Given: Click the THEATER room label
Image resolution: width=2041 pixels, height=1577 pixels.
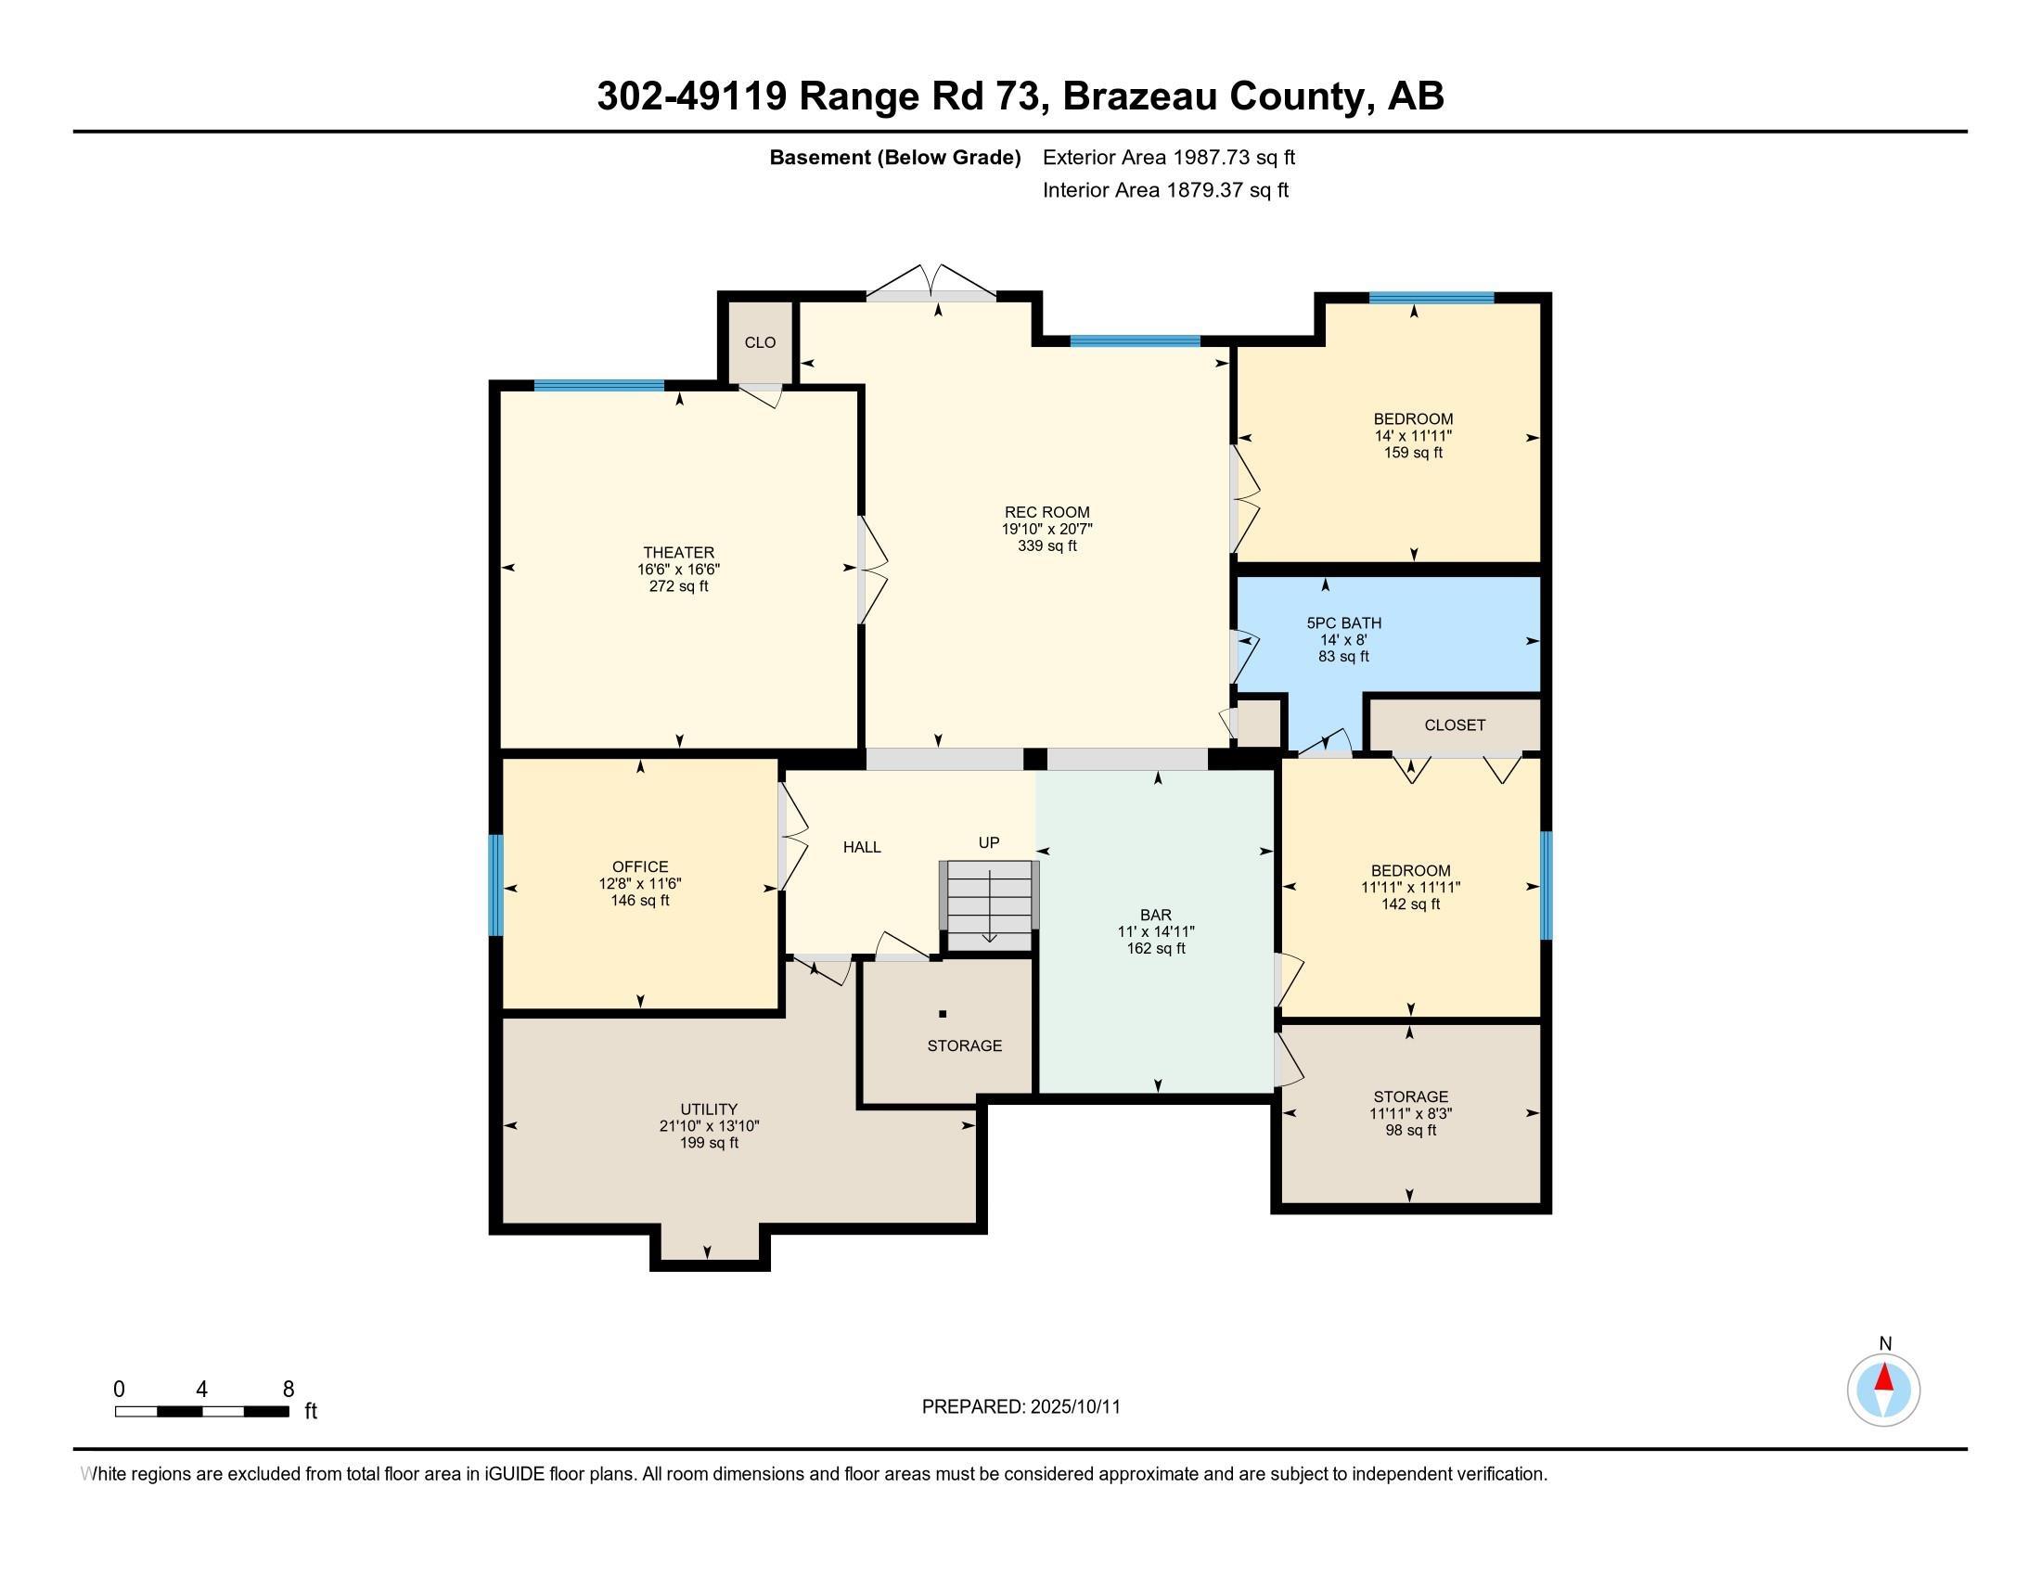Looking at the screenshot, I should [678, 552].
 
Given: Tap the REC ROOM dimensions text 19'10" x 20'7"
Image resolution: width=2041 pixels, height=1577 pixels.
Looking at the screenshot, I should [1046, 529].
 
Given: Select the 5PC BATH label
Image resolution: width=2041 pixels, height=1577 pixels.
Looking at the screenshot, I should [1343, 623].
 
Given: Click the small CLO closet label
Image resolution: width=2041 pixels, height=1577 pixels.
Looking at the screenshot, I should [760, 343].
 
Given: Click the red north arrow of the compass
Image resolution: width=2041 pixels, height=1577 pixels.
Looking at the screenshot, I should [1884, 1378].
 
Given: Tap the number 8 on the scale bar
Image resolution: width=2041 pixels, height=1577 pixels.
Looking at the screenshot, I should [288, 1389].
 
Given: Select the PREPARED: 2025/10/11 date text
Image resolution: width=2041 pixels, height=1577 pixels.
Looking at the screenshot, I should [1020, 1407].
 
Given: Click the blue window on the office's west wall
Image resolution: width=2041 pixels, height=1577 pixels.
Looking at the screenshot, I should [496, 885].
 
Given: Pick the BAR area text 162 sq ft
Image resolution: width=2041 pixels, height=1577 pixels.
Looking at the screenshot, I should [1155, 948].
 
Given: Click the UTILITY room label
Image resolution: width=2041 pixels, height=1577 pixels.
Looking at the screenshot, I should [709, 1109].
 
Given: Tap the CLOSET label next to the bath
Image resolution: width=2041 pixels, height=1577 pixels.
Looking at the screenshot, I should [1454, 725].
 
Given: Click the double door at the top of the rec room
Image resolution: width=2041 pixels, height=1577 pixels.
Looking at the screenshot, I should [931, 285].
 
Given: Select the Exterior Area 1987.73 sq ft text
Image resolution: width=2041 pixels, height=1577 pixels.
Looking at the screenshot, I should [1168, 158].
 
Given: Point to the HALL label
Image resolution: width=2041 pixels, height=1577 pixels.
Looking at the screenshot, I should [862, 847].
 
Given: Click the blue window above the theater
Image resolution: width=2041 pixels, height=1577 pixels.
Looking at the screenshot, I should [599, 385].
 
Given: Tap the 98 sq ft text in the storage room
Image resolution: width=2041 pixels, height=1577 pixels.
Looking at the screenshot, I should [1410, 1131].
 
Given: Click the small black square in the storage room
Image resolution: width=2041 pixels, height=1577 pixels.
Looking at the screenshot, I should [943, 1014].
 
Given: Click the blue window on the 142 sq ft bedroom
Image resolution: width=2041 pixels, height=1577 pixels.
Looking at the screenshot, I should [1546, 885].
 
